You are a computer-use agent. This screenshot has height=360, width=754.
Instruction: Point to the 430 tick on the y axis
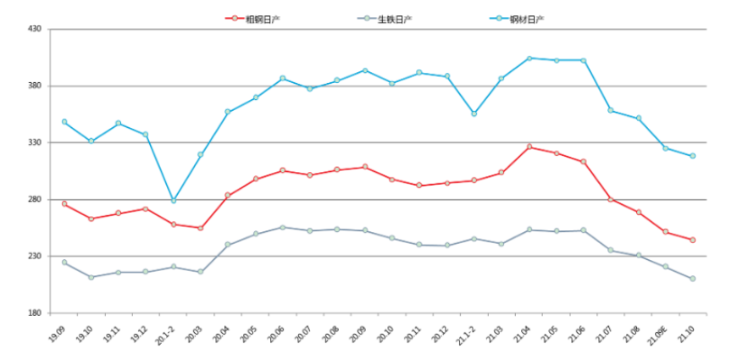click(x=35, y=29)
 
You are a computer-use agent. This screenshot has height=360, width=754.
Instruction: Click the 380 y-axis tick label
click(x=35, y=86)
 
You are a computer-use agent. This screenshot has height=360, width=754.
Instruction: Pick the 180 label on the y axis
click(x=35, y=313)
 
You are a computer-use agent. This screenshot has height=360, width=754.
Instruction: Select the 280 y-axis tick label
click(x=35, y=199)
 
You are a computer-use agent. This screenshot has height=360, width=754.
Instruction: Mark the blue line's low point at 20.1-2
click(x=174, y=201)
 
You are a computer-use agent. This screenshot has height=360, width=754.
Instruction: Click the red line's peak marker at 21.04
click(x=529, y=147)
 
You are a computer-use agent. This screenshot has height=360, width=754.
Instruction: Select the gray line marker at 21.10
click(x=692, y=279)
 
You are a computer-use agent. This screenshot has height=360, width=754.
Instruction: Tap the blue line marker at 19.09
click(x=64, y=121)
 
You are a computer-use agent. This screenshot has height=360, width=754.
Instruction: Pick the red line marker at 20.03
click(x=201, y=228)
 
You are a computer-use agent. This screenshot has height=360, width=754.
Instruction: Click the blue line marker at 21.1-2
click(x=474, y=114)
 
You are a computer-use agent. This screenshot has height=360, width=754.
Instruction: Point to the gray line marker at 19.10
click(x=91, y=277)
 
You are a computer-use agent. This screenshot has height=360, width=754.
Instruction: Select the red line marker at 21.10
click(x=692, y=240)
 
